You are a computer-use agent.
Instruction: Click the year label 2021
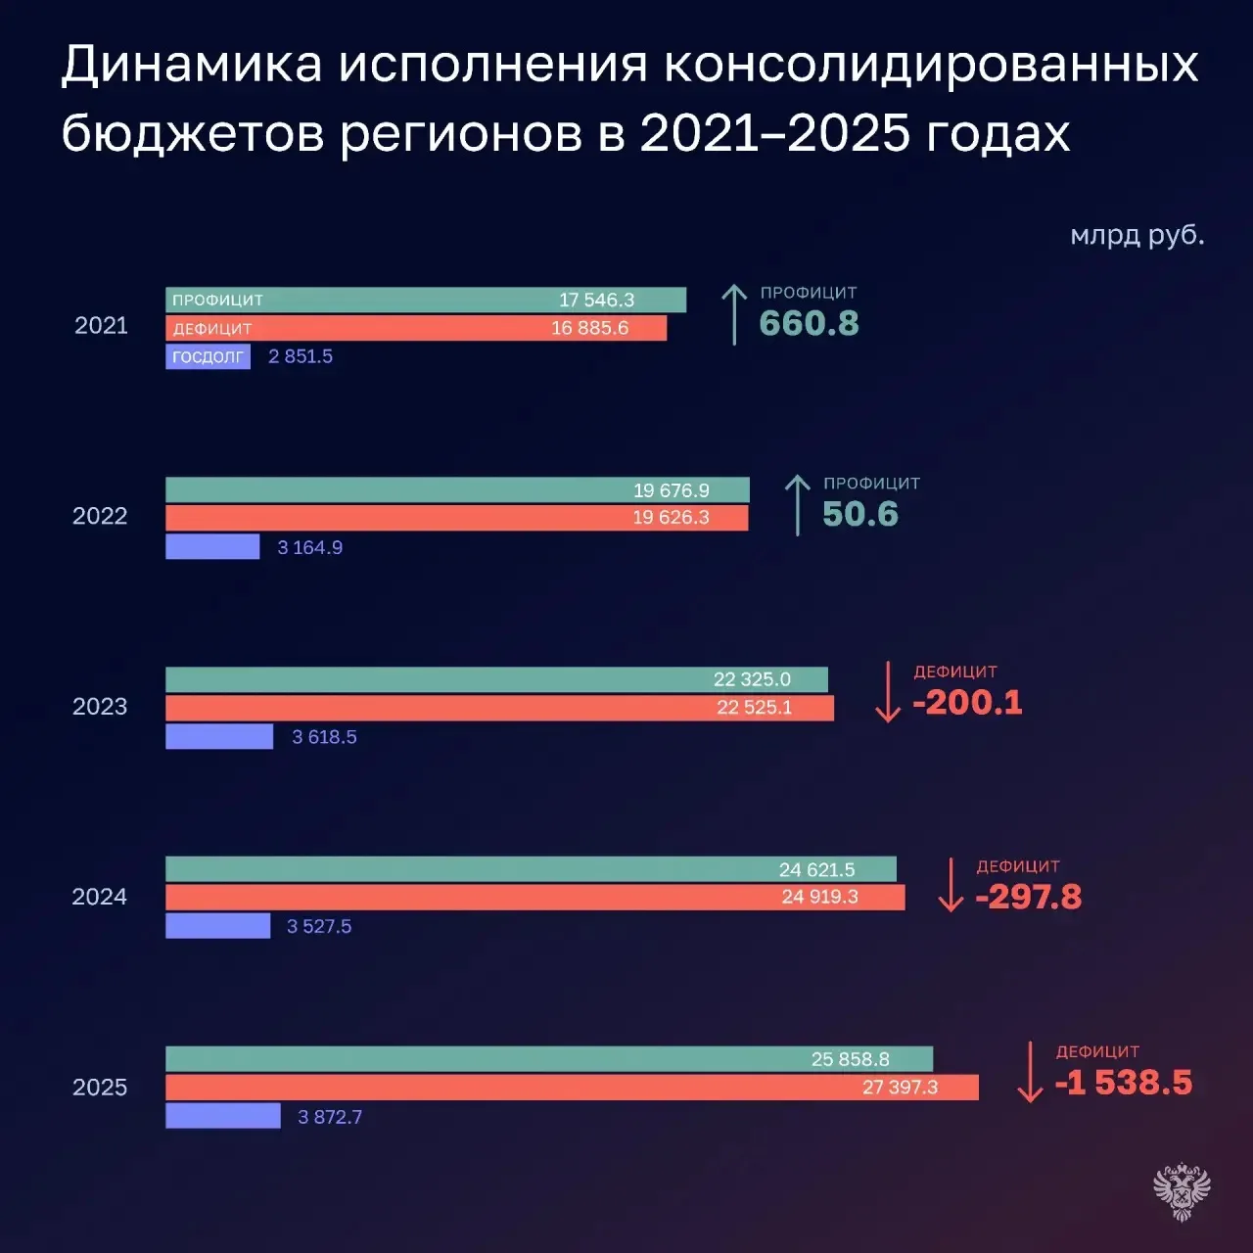tap(101, 325)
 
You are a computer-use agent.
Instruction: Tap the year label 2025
tap(100, 1088)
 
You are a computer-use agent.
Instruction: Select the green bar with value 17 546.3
tap(426, 300)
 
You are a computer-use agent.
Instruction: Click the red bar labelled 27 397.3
tap(573, 1088)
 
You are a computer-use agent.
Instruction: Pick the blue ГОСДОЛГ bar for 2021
tap(209, 356)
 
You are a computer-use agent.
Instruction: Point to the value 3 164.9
tap(310, 547)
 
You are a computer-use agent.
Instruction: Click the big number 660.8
tap(809, 323)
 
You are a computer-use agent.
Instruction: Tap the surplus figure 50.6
tap(860, 514)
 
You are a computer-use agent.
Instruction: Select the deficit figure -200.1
tap(967, 702)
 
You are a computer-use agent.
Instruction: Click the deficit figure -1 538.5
tap(1124, 1083)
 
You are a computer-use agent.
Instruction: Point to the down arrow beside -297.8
tap(951, 884)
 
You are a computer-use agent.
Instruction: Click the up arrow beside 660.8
tap(734, 314)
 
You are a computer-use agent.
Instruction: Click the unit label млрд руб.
tap(1137, 235)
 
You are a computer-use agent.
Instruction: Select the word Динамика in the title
tap(192, 65)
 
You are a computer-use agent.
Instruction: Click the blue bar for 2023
tap(219, 737)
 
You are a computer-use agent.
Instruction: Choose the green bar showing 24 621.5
tap(532, 869)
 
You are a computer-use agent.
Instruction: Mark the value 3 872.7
tap(330, 1117)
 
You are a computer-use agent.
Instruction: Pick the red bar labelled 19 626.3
tap(457, 518)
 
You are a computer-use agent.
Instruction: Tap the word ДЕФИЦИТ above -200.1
tap(955, 672)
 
